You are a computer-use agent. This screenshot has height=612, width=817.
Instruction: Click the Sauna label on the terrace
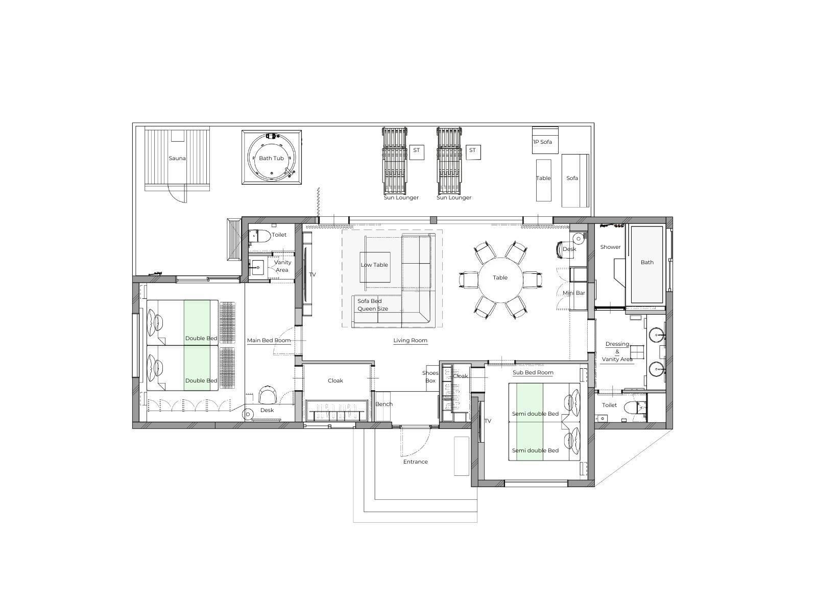point(177,158)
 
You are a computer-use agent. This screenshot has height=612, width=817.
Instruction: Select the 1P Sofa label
point(542,142)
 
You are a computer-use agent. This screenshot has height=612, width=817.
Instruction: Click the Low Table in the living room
point(375,267)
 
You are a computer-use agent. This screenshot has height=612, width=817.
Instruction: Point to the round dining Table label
point(500,277)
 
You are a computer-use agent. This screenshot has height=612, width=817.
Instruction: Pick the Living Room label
point(410,340)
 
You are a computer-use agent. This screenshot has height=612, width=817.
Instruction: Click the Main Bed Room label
point(269,340)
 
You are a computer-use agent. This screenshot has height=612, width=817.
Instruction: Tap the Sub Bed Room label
point(533,372)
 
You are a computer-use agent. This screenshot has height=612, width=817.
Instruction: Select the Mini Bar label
point(573,293)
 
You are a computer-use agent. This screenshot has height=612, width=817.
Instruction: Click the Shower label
point(610,247)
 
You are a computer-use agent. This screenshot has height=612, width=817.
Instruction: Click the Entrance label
point(415,462)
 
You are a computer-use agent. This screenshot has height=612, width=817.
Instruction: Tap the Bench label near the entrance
point(384,404)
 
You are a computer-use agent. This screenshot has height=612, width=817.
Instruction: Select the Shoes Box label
point(430,377)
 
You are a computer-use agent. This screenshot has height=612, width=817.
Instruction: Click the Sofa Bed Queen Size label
point(373,305)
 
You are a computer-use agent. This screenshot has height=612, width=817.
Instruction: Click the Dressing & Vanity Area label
point(617,351)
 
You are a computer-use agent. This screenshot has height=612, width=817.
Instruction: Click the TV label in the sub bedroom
point(488,421)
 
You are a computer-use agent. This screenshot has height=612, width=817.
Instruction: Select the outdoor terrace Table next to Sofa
point(543,180)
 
